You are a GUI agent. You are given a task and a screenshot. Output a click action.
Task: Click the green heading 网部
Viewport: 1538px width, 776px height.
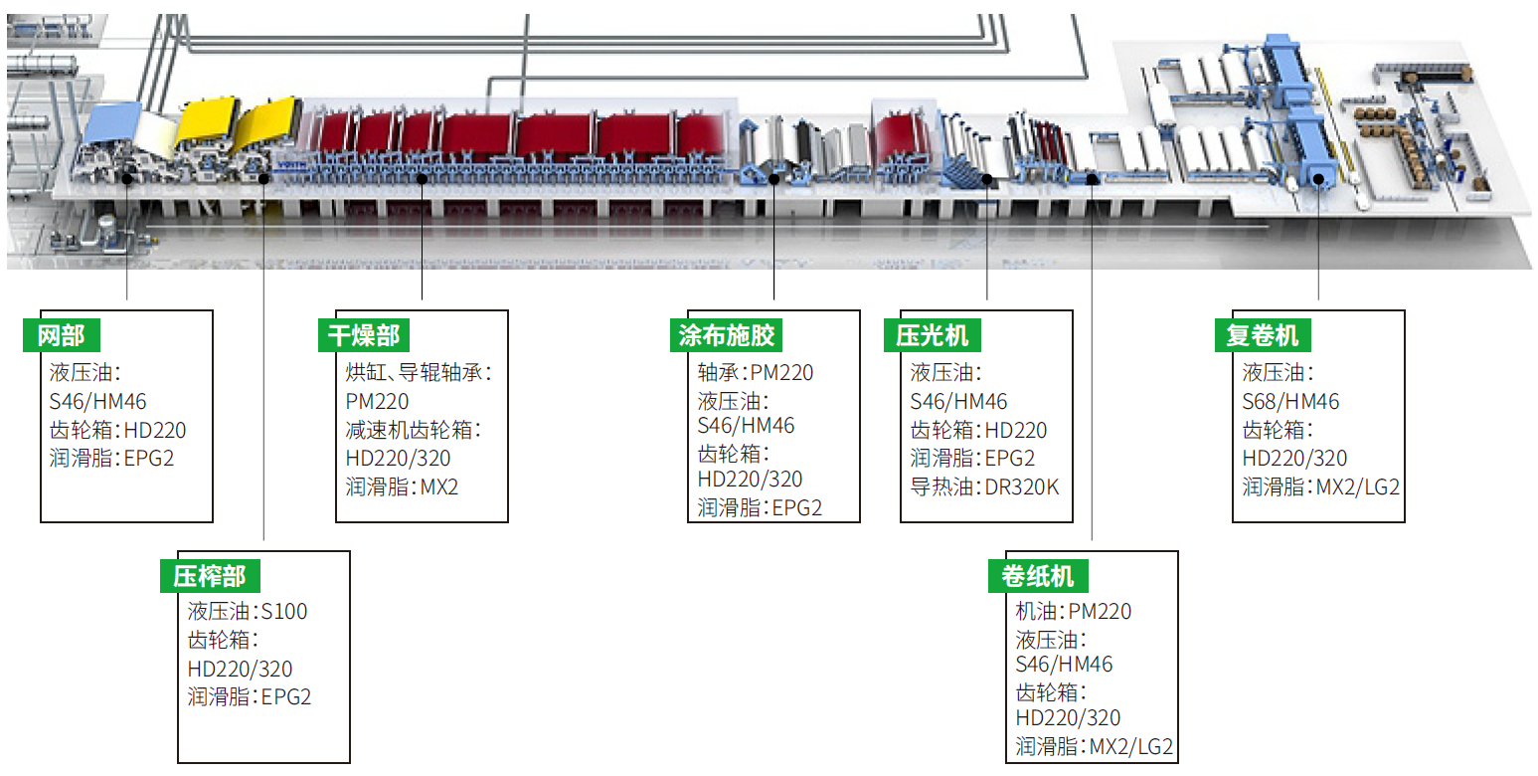(62, 335)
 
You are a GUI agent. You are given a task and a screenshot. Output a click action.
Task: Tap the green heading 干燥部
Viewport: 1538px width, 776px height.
(364, 335)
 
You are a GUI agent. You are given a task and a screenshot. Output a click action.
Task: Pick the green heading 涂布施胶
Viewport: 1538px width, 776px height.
(726, 335)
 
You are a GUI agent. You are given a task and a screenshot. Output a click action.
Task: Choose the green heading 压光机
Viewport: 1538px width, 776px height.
(932, 335)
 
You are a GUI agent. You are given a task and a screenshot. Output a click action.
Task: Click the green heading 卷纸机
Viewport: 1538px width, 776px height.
(1038, 576)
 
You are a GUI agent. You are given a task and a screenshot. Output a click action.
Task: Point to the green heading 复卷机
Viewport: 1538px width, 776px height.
(1263, 335)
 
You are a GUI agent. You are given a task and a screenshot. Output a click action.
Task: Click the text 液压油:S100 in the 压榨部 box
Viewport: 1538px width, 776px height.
(248, 611)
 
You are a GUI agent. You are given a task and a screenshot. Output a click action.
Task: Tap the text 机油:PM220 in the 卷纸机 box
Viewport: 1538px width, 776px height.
(1074, 611)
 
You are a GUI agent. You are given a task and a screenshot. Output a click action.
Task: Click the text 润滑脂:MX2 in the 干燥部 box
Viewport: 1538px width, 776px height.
(402, 487)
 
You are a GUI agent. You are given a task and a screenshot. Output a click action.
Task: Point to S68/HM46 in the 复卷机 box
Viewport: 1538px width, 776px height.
(1290, 402)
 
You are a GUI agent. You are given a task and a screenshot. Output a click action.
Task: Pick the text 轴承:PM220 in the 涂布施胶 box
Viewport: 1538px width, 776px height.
(756, 373)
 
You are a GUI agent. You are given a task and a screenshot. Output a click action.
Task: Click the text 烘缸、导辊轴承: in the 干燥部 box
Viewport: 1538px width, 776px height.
(419, 373)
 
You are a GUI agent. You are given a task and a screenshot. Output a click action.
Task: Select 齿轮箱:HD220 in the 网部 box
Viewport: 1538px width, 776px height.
(117, 431)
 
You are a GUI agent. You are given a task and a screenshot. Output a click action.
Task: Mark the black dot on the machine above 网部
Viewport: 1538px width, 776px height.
(127, 178)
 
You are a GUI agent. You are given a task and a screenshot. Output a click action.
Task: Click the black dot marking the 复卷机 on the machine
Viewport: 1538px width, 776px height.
(1318, 180)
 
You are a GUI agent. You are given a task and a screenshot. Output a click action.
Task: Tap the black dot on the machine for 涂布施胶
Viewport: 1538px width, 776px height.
(774, 179)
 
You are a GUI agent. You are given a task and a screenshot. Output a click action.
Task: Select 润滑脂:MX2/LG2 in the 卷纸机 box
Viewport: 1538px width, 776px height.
(1094, 746)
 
